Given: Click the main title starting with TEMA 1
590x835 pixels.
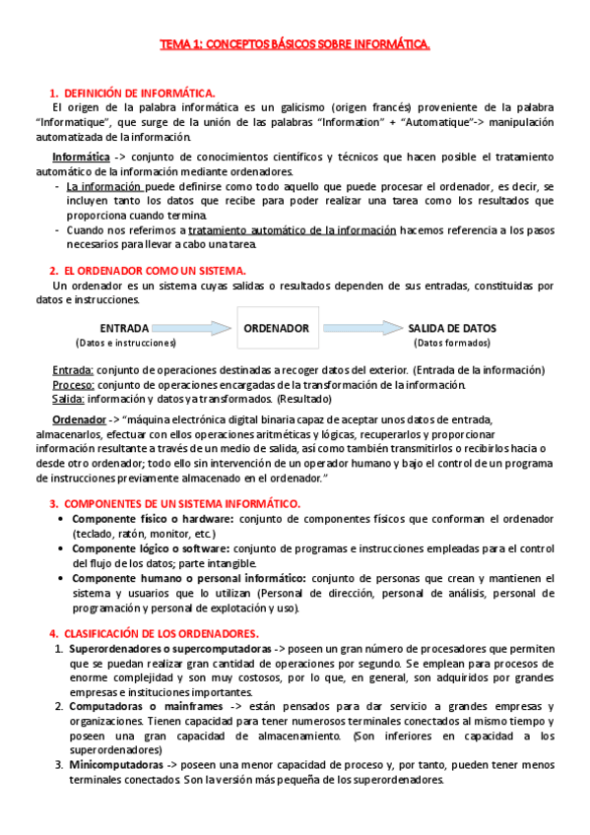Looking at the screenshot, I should coord(295,44).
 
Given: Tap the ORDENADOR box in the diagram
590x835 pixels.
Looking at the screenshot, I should coord(276,328).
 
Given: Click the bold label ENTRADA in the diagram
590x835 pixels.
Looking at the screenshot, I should coord(125,328).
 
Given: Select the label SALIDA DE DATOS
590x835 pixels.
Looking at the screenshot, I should coord(452,328).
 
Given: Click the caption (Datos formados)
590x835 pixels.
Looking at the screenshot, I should coord(452,343).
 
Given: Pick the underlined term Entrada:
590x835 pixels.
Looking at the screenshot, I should coord(73,370).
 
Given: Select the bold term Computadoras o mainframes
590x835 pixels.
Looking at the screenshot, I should coord(148,707).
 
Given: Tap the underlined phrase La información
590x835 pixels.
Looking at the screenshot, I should coord(103,187).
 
